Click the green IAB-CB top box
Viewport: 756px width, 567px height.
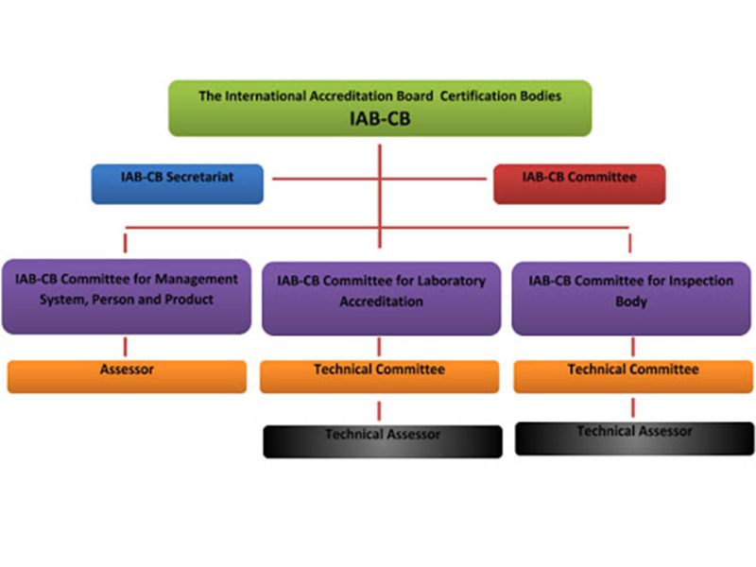tap(380, 108)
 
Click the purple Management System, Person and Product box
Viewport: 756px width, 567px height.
tap(126, 296)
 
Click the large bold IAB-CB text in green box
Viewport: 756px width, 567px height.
tap(380, 118)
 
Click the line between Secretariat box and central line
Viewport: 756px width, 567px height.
tap(321, 177)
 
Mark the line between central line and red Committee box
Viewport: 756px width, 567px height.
tap(437, 177)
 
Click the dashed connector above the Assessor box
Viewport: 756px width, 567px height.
tap(126, 346)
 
